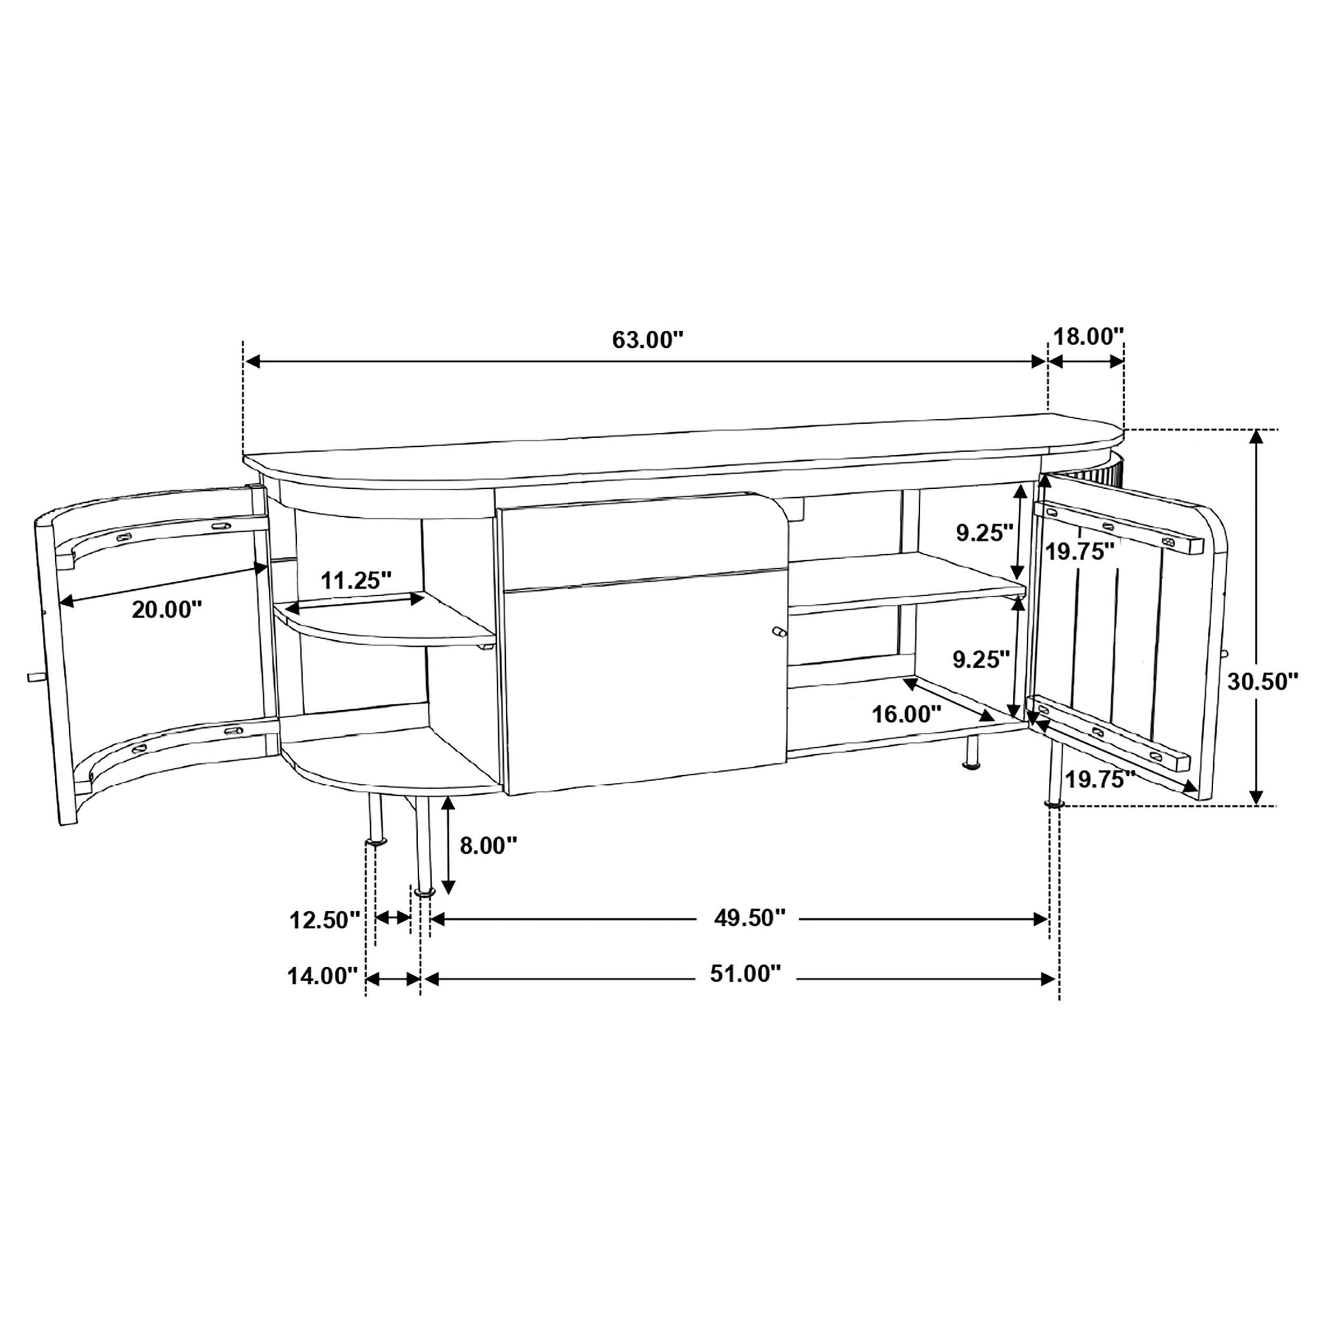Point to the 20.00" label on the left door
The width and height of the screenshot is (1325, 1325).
coord(166,609)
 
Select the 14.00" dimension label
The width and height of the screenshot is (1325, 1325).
coord(322,975)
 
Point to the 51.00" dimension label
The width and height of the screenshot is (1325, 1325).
coord(746,973)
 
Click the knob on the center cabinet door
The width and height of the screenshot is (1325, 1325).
coord(779,632)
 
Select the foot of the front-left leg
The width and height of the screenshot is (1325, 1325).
coord(425,892)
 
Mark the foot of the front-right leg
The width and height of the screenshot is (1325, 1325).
coord(1054,804)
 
